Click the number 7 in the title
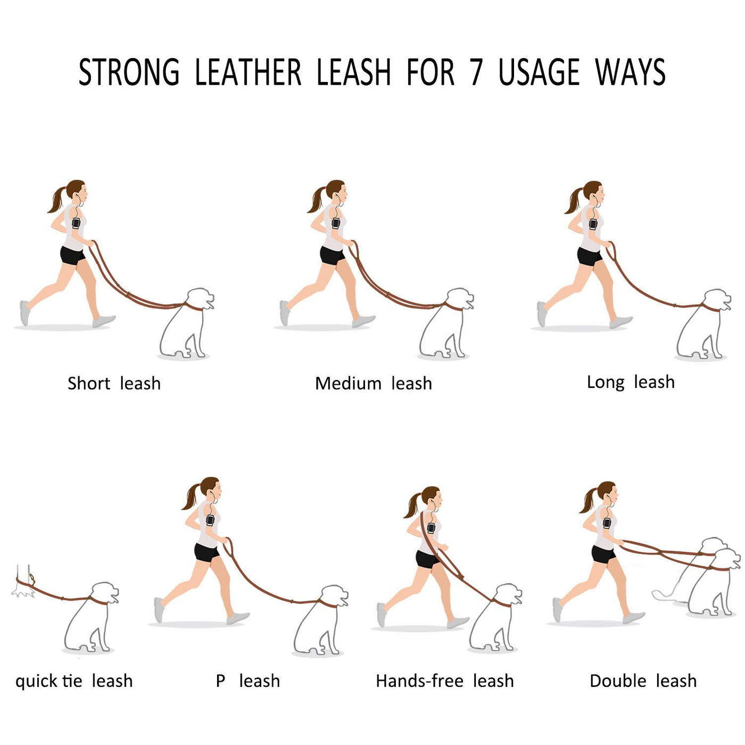click(476, 72)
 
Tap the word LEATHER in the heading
click(248, 72)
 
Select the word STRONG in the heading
click(129, 72)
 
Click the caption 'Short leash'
click(114, 384)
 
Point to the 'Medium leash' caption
click(374, 384)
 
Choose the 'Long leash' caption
click(631, 383)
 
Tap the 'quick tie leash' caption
click(74, 681)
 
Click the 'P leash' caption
click(248, 681)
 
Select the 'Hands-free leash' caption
click(444, 681)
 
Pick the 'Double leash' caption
click(643, 681)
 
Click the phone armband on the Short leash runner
click(76, 223)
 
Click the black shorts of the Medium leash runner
click(332, 255)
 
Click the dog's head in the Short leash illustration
click(200, 299)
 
